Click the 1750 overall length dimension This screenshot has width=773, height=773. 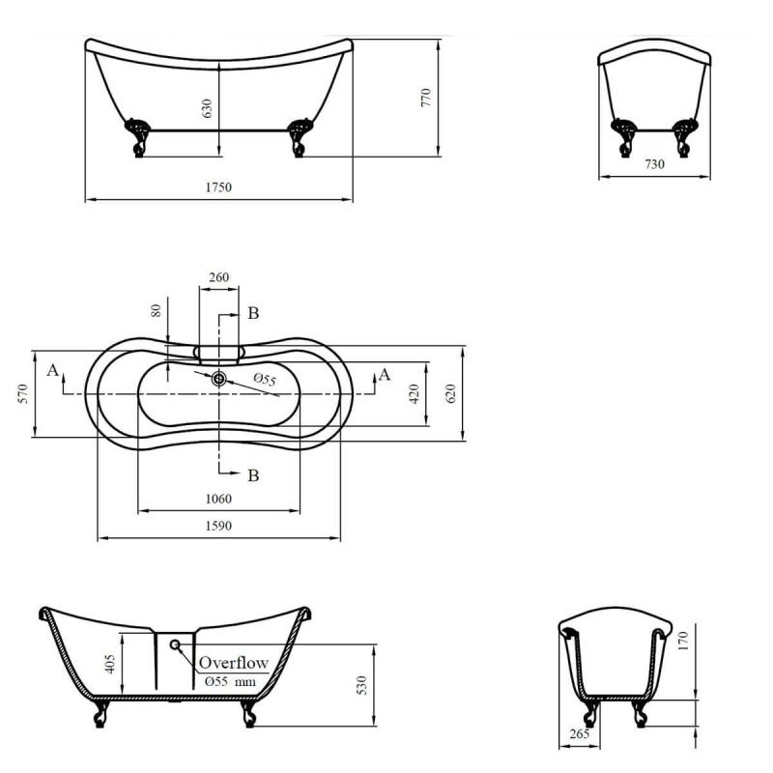[217, 187]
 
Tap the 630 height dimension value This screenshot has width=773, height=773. [206, 107]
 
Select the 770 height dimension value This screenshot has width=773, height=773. [425, 97]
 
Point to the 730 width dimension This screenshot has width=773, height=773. [654, 164]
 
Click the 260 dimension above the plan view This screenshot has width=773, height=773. [219, 277]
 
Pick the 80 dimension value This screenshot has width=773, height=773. [154, 312]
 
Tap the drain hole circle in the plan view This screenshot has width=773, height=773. [219, 379]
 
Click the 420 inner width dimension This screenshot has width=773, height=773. [415, 392]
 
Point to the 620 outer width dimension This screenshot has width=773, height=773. [450, 392]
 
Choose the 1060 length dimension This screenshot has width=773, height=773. [218, 499]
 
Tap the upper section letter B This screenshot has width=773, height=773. [252, 313]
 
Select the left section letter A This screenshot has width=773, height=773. [52, 370]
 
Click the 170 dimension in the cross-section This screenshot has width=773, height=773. [683, 640]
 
